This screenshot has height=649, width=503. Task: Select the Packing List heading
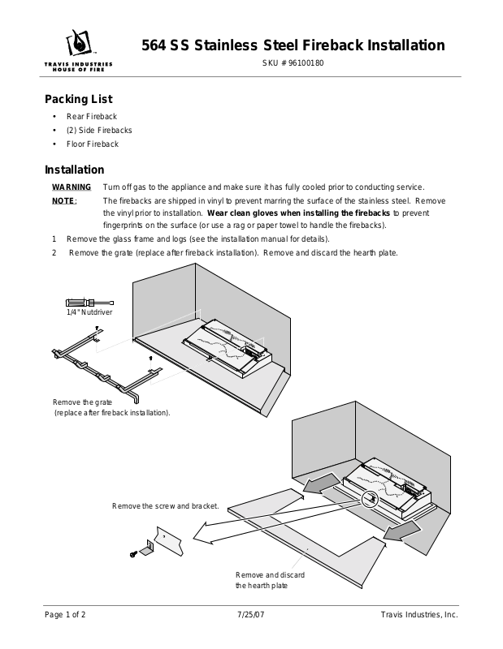pyautogui.click(x=78, y=99)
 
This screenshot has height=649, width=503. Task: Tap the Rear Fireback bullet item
pyautogui.click(x=91, y=117)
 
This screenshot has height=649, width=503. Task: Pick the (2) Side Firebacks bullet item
pyautogui.click(x=98, y=130)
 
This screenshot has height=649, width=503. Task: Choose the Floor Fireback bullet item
pyautogui.click(x=92, y=144)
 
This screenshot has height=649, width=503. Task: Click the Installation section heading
pyautogui.click(x=74, y=170)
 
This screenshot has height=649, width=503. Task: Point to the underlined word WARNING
pyautogui.click(x=72, y=187)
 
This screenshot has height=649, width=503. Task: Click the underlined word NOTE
pyautogui.click(x=63, y=200)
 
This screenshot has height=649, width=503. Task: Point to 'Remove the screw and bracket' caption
pyautogui.click(x=165, y=505)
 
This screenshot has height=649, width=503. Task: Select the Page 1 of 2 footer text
pyautogui.click(x=64, y=615)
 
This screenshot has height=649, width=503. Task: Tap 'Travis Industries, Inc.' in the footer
pyautogui.click(x=419, y=615)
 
